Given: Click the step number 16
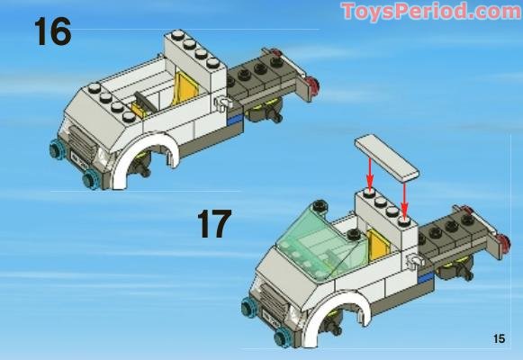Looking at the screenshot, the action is (x=53, y=31).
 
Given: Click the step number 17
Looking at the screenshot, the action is (x=214, y=224).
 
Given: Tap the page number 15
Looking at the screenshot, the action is (x=500, y=338).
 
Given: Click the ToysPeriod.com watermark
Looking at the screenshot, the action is (x=431, y=12).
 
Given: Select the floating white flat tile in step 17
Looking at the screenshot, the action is (x=387, y=157).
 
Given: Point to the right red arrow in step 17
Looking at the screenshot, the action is (x=404, y=197).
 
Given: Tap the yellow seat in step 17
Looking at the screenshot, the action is (x=378, y=245).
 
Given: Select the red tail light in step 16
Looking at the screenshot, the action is (x=313, y=85).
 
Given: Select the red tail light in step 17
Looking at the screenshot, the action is (x=504, y=242).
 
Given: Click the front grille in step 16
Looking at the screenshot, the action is (x=81, y=140).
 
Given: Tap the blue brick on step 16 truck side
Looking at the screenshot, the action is (x=235, y=119).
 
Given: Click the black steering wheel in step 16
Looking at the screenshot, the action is (x=146, y=102).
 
